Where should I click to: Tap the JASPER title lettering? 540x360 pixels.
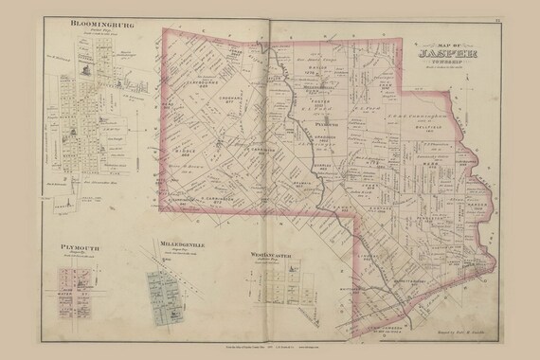tap(448, 55)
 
